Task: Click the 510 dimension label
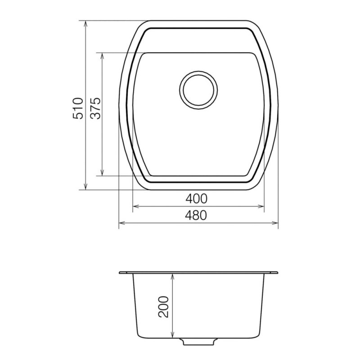pos(78,108)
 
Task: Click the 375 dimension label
pos(95,108)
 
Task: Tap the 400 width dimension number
pos(196,198)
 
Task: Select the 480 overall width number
pos(196,215)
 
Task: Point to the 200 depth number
pos(163,307)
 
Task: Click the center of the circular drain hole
pos(198,90)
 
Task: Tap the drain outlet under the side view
pos(198,342)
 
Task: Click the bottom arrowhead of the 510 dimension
pos(85,187)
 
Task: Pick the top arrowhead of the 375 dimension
pos(103,56)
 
